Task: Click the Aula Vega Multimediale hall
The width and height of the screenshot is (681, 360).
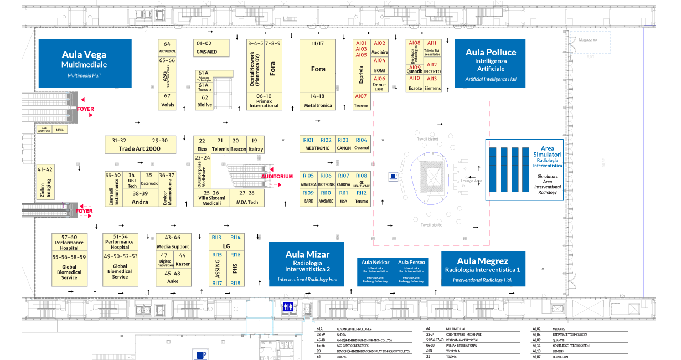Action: [x=85, y=63]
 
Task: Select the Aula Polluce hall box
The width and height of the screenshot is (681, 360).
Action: [x=491, y=63]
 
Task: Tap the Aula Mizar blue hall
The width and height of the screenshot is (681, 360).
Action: [x=307, y=264]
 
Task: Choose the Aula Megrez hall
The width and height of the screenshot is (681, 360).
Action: [x=482, y=268]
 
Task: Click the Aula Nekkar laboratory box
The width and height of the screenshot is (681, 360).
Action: [x=375, y=271]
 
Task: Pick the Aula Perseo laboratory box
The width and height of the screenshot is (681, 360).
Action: [x=411, y=271]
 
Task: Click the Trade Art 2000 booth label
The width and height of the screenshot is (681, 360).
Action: [x=140, y=149]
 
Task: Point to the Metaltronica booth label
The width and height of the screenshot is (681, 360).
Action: [x=318, y=105]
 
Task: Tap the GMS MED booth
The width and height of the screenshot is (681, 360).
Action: [x=207, y=52]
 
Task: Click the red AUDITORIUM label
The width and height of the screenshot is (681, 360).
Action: [x=277, y=176]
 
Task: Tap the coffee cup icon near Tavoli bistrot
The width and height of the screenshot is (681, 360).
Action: [x=393, y=176]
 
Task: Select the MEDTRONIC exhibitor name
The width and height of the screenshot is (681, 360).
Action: [x=317, y=148]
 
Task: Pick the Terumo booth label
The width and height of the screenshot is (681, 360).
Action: [x=361, y=202]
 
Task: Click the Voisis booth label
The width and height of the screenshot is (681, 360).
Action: [x=167, y=105]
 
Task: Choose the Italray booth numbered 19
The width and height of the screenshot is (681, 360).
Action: [x=255, y=145]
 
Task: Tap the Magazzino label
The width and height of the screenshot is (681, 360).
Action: [x=588, y=40]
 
